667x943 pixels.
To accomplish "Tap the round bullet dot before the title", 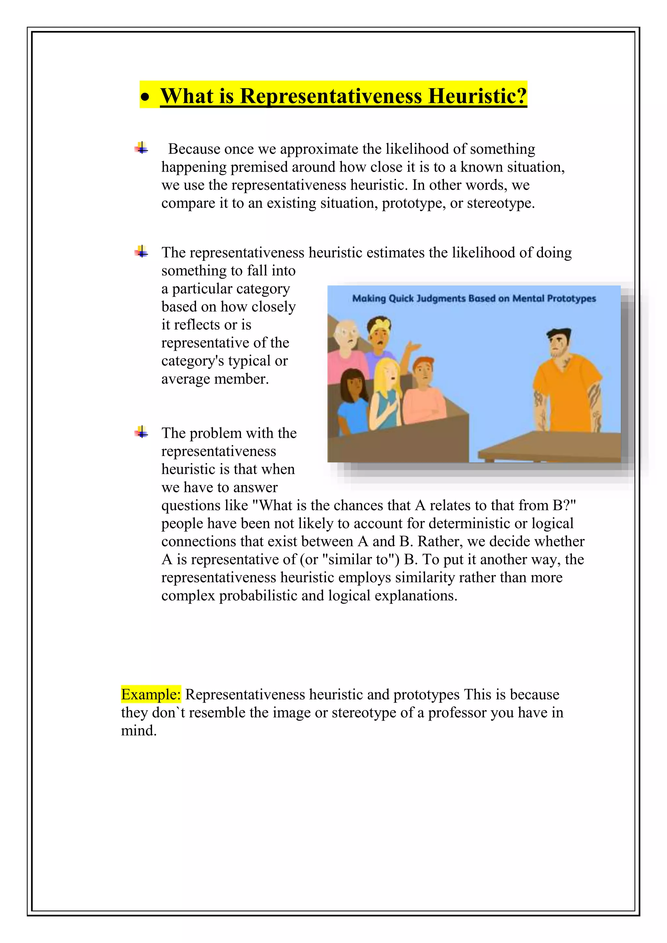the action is pyautogui.click(x=145, y=98).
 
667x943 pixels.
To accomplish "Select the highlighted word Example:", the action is pyautogui.click(x=151, y=694).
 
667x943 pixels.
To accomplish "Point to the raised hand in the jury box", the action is pyautogui.click(x=414, y=347).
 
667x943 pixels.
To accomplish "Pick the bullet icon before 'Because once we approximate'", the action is pyautogui.click(x=141, y=148).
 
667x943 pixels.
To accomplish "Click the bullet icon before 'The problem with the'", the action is pyautogui.click(x=141, y=432).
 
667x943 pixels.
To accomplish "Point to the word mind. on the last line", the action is pyautogui.click(x=139, y=730).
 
